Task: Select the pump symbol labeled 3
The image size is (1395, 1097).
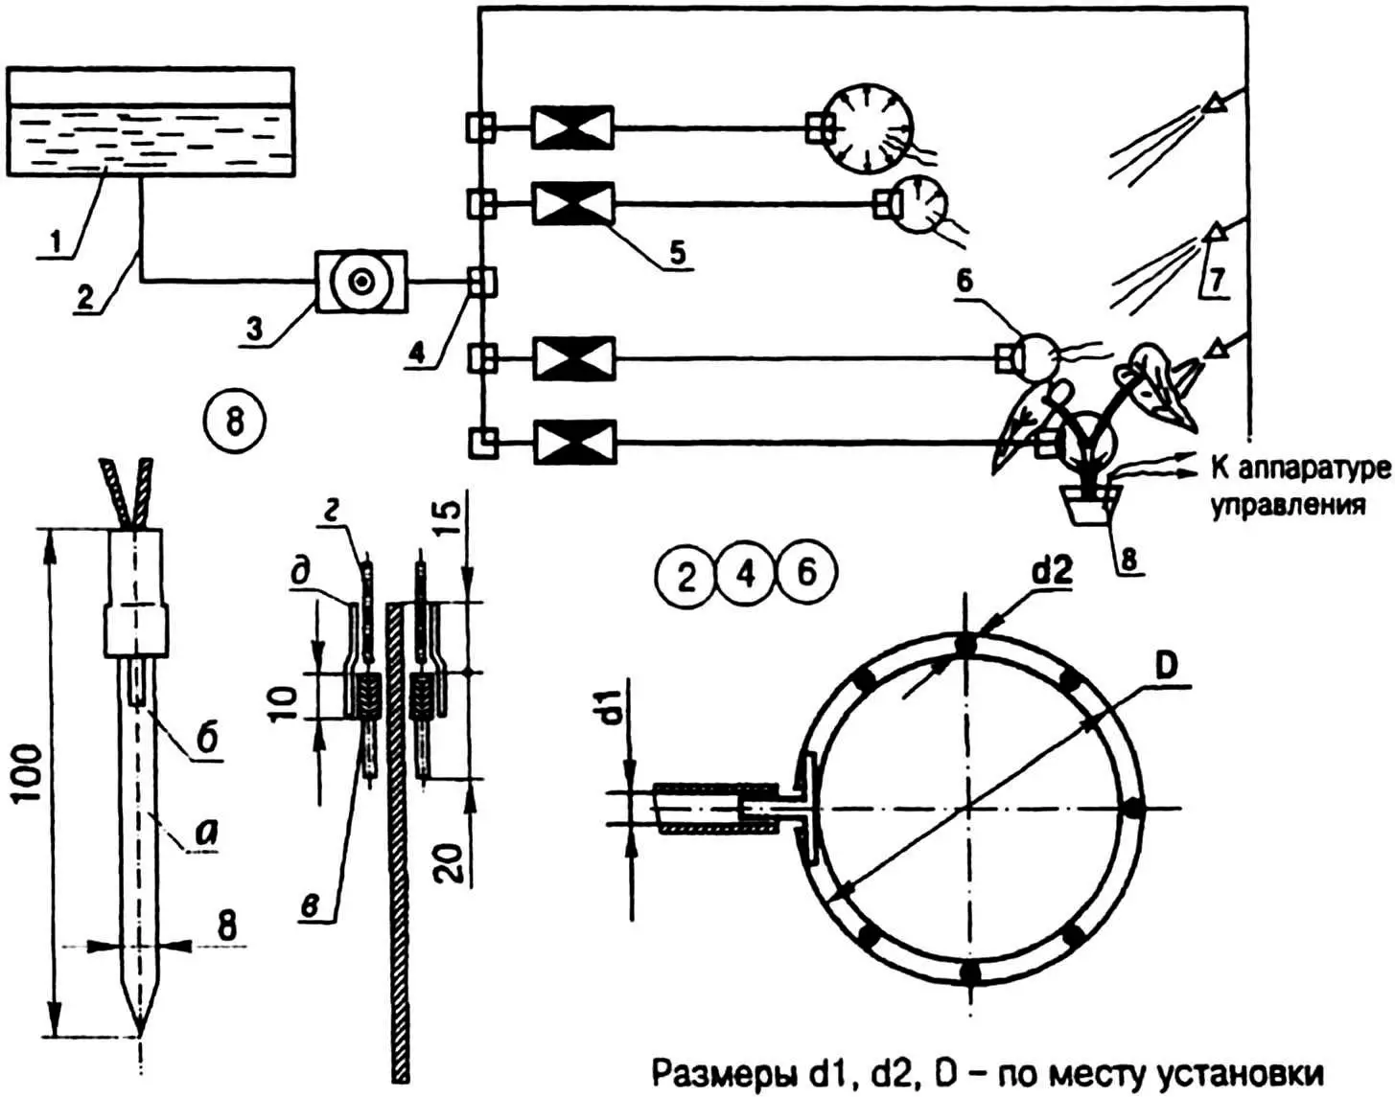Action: coord(361,282)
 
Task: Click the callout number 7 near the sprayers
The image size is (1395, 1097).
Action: coord(1216,280)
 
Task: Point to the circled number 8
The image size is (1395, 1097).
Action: coord(235,421)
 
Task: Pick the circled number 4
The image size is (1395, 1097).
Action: coord(746,574)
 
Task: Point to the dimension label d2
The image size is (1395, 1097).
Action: coord(1052,572)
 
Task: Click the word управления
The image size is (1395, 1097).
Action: coord(1288,505)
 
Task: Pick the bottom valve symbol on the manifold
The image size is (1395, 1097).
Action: coord(573,442)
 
